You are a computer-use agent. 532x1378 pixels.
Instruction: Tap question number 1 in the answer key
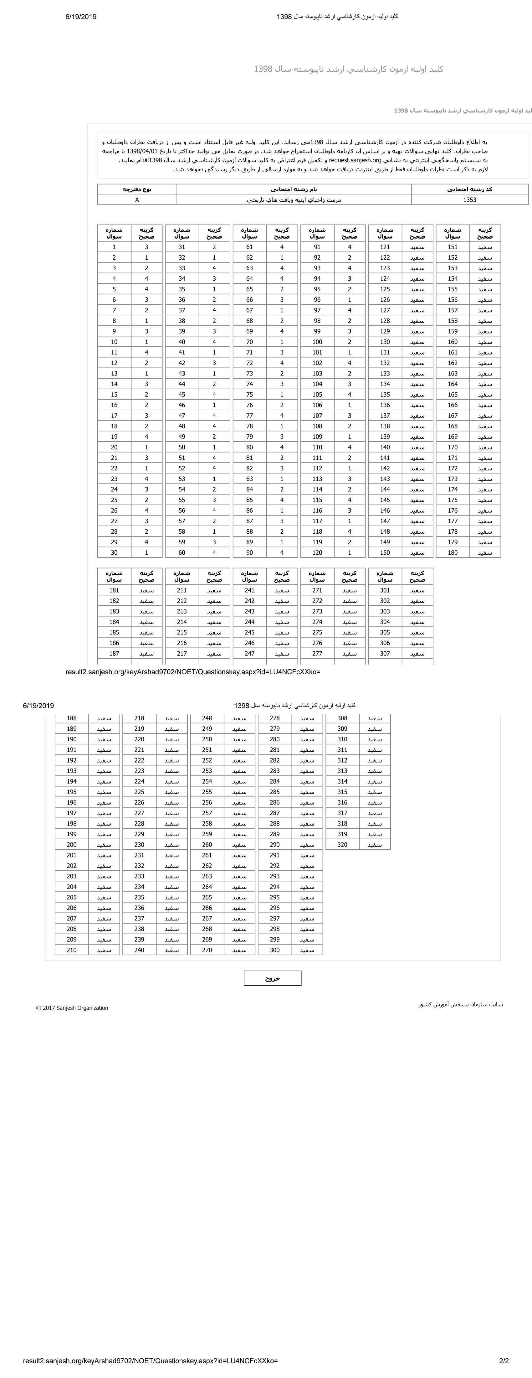click(x=114, y=247)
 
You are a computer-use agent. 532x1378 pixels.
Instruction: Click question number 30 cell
click(x=114, y=552)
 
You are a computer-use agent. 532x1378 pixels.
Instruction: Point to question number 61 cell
click(x=249, y=247)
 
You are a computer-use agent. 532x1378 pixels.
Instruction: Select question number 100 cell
click(x=317, y=342)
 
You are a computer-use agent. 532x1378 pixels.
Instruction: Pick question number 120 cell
click(x=317, y=552)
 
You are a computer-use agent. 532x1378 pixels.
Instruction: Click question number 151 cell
click(x=452, y=247)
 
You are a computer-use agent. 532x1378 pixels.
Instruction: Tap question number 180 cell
click(x=452, y=552)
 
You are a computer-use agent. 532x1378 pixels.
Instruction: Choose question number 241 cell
click(x=249, y=591)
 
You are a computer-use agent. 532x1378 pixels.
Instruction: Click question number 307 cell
click(x=384, y=654)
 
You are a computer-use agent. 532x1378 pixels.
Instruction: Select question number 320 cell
click(x=342, y=845)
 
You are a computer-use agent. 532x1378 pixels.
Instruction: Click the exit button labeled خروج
click(x=272, y=978)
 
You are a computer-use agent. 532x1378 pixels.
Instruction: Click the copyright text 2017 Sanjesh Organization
click(x=72, y=1008)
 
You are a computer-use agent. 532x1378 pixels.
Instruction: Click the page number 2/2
click(x=504, y=1361)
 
